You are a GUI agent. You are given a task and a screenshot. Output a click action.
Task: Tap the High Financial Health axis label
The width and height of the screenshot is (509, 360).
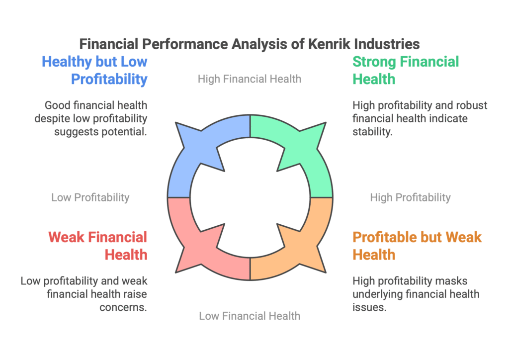250,79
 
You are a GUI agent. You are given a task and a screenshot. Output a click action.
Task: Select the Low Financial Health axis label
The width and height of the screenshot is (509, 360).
250,316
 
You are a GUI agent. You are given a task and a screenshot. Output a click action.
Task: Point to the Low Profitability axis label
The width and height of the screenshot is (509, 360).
90,197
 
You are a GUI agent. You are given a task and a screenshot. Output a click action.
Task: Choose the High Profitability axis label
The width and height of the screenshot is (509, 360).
410,197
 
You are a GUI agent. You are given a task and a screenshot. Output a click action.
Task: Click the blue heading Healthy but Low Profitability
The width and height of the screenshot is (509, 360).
94,71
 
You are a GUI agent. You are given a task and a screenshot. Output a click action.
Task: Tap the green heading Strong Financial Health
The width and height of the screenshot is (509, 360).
406,71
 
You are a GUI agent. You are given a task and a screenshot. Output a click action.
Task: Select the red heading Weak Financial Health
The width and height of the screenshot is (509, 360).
98,246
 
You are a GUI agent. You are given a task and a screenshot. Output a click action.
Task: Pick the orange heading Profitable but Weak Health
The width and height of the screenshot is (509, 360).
417,246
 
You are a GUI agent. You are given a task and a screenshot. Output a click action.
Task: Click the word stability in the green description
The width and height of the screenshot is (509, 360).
372,132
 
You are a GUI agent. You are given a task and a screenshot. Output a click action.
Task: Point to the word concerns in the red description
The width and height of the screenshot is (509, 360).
123,307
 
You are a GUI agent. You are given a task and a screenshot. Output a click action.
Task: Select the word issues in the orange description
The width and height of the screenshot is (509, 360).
369,307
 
